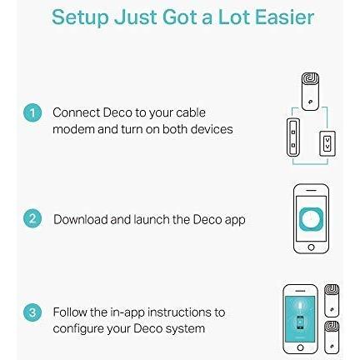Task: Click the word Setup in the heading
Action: pos(80,17)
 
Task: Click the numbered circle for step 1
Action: pos(32,112)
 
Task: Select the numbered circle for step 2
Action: pos(32,218)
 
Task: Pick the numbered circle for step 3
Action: pos(32,312)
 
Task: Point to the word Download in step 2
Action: pos(81,219)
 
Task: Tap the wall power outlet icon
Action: pos(327,143)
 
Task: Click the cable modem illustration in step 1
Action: pos(293,137)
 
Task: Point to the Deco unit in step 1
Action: pos(310,92)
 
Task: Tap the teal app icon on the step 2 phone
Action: pos(311,219)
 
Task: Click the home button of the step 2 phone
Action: pos(311,247)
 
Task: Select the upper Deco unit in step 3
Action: pos(332,301)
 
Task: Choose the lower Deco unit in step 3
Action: pos(332,337)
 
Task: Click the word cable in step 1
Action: pos(191,112)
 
